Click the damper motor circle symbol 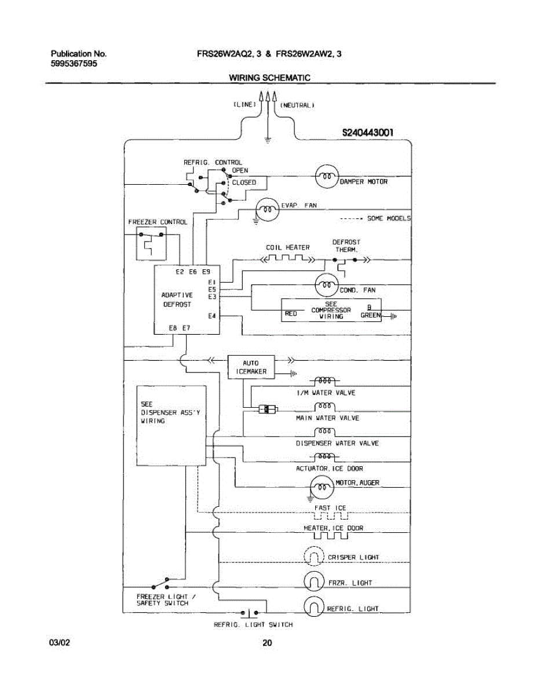tap(327, 176)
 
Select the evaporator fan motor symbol tap(267, 210)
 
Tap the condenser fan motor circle tap(327, 284)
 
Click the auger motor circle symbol tap(322, 487)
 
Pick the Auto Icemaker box tap(251, 367)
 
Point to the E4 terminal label tap(212, 316)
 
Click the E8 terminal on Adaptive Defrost tap(173, 328)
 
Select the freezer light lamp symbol tap(314, 582)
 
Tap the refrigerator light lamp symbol tap(314, 607)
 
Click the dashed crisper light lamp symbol tap(314, 557)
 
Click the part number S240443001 tap(368, 133)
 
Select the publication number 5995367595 tap(74, 63)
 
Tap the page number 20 tap(267, 642)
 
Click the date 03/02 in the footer tap(60, 642)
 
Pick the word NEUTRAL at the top tap(297, 105)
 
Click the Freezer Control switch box tap(151, 244)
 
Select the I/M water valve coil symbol tap(324, 381)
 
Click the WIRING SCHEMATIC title tap(269, 78)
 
